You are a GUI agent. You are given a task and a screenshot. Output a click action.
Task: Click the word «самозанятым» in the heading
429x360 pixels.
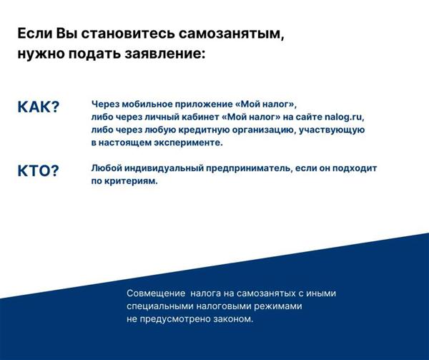click(232, 34)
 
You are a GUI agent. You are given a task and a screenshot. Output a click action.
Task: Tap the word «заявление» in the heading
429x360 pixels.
click(164, 54)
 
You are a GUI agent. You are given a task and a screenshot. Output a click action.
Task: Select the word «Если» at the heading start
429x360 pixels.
click(35, 34)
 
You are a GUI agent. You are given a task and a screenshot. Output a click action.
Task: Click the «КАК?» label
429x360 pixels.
click(39, 107)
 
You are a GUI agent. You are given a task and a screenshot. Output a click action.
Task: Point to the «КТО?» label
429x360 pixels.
click(39, 171)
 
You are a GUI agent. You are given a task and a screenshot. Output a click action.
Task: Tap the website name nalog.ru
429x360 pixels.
click(345, 117)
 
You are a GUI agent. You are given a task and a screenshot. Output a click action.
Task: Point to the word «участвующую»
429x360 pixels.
click(332, 130)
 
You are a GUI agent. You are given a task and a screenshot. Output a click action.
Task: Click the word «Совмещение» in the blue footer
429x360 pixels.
click(156, 293)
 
